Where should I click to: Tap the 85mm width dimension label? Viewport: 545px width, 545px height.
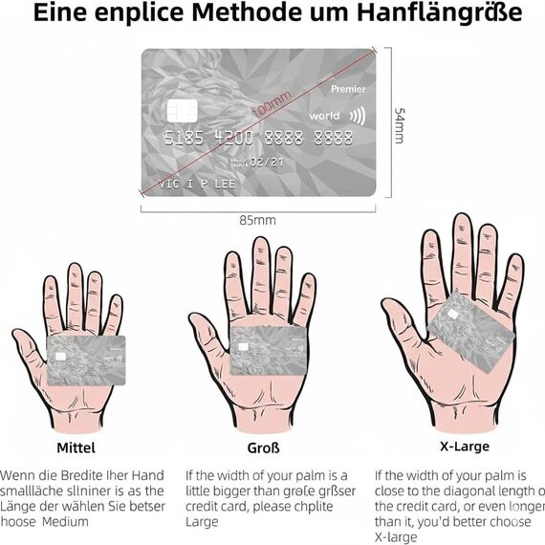[257, 220]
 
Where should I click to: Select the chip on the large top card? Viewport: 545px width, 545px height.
[181, 111]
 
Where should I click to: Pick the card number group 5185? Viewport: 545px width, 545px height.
[183, 138]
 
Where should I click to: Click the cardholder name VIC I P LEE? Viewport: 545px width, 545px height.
[196, 183]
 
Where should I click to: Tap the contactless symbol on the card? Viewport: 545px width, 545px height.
[356, 116]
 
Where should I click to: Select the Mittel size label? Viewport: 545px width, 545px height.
[76, 447]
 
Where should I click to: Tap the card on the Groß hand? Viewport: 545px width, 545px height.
[267, 351]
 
